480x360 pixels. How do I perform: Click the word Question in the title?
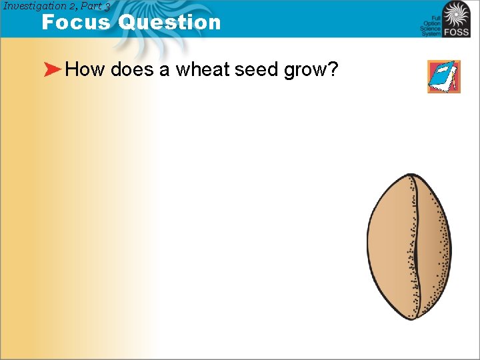click(x=169, y=22)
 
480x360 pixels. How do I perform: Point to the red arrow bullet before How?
click(x=53, y=70)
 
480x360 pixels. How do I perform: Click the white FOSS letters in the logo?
click(x=456, y=32)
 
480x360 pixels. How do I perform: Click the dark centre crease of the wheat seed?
click(x=417, y=247)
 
